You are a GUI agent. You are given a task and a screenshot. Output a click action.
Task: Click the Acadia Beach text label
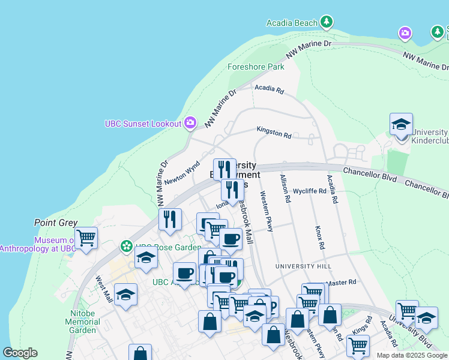click(x=292, y=23)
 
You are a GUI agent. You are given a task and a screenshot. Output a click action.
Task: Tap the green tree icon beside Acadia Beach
click(x=326, y=23)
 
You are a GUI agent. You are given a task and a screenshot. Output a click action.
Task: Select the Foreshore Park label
click(x=256, y=67)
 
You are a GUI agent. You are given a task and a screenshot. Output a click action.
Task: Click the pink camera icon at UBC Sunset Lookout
click(x=190, y=123)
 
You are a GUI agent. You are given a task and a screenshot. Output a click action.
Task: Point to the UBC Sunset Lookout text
click(x=143, y=124)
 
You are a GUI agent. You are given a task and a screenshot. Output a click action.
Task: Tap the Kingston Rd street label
click(x=274, y=132)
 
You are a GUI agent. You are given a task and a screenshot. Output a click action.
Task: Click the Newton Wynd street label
click(x=182, y=172)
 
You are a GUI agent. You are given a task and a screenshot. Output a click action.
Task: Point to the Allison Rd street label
click(x=285, y=188)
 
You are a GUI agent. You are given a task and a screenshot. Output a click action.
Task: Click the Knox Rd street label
click(x=320, y=238)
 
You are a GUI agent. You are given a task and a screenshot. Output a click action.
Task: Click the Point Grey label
click(x=56, y=223)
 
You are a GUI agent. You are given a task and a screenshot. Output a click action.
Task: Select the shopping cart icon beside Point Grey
click(x=86, y=238)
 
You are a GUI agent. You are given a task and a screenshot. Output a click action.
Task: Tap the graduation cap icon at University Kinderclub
click(x=401, y=125)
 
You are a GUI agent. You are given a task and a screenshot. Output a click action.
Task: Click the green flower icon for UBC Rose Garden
click(x=126, y=246)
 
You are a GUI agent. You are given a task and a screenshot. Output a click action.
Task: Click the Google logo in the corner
click(x=20, y=353)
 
